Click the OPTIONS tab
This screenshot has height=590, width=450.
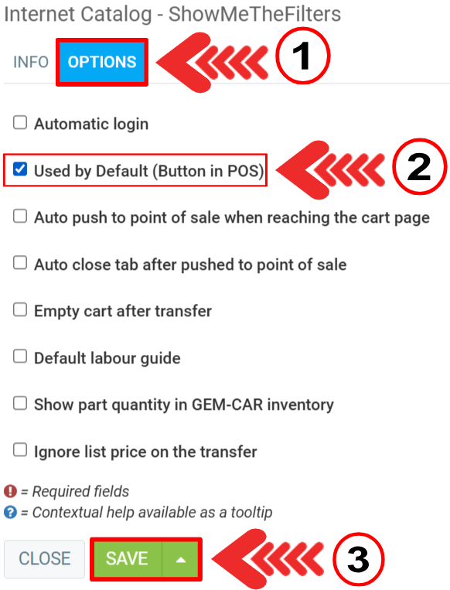point(102,62)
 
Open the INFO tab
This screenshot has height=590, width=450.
point(31,62)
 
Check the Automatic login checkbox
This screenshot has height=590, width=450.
point(20,123)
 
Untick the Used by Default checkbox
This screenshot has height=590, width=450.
point(20,169)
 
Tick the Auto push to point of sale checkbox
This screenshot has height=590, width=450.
point(20,217)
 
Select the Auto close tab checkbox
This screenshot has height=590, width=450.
point(20,263)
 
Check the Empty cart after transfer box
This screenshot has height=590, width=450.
point(20,309)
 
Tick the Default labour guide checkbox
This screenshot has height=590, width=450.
point(20,356)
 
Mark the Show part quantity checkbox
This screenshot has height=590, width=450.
point(20,404)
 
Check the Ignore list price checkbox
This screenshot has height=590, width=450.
point(20,450)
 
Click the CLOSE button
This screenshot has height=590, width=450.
point(44,558)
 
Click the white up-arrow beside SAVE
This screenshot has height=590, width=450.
point(181,560)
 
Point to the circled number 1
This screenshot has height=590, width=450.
point(303,56)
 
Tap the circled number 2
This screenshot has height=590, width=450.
point(420,166)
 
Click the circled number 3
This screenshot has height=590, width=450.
point(358,559)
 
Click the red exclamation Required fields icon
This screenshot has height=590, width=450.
point(10,491)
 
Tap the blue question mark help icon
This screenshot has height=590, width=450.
point(10,512)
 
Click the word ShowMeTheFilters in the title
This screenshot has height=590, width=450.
point(254,14)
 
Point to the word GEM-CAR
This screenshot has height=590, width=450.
point(227,404)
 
